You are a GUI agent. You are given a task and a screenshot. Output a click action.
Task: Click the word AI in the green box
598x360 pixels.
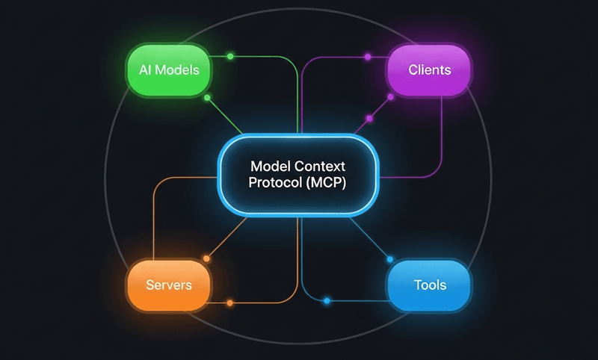146,71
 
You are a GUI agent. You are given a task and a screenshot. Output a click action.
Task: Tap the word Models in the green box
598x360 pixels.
178,71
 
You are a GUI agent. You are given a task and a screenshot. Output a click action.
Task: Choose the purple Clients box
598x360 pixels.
430,71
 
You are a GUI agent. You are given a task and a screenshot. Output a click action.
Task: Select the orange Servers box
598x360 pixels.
168,285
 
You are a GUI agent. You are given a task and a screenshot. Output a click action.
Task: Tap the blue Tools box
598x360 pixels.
430,285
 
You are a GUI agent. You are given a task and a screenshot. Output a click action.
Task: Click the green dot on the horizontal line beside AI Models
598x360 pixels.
230,57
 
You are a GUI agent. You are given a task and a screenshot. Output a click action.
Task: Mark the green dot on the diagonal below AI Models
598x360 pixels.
207,98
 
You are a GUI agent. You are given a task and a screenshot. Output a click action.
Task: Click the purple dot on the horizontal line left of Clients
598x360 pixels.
367,57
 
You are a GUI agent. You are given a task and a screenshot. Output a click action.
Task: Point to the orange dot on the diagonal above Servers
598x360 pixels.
207,258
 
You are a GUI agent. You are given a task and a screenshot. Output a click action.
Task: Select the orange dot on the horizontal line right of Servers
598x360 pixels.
229,302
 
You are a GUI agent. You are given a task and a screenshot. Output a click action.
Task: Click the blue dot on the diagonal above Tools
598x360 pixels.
389,258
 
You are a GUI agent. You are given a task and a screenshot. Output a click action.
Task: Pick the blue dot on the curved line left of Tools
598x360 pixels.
327,301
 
